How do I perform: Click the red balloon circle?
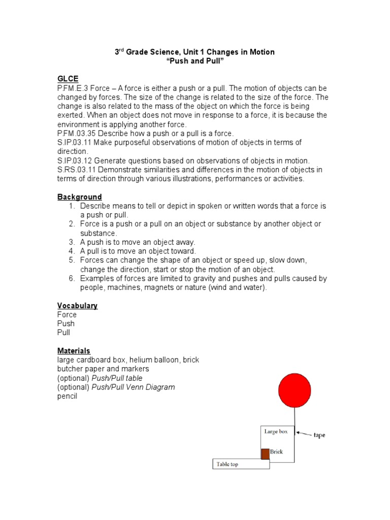pyautogui.click(x=294, y=390)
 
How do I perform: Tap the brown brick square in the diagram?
pyautogui.click(x=265, y=453)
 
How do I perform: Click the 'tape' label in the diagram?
pyautogui.click(x=319, y=435)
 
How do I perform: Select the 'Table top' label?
pyautogui.click(x=227, y=464)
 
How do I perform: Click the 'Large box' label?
pyautogui.click(x=276, y=431)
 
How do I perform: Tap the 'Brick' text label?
pyautogui.click(x=276, y=451)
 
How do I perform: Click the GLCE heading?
pyautogui.click(x=68, y=79)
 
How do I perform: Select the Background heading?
pyautogui.click(x=79, y=197)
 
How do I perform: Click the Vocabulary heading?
pyautogui.click(x=77, y=305)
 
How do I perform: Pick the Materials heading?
pyautogui.click(x=74, y=350)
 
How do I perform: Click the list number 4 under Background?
pyautogui.click(x=72, y=251)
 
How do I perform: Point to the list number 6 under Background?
pyautogui.click(x=72, y=278)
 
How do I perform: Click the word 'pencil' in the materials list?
pyautogui.click(x=67, y=396)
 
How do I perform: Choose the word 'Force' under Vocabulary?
pyautogui.click(x=67, y=314)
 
